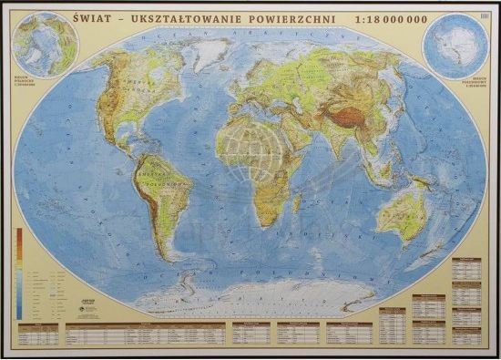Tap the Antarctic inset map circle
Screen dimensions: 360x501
455,46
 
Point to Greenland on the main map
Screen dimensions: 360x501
209,53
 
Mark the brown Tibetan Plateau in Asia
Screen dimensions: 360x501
350,114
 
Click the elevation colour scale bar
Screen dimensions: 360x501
18,273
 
